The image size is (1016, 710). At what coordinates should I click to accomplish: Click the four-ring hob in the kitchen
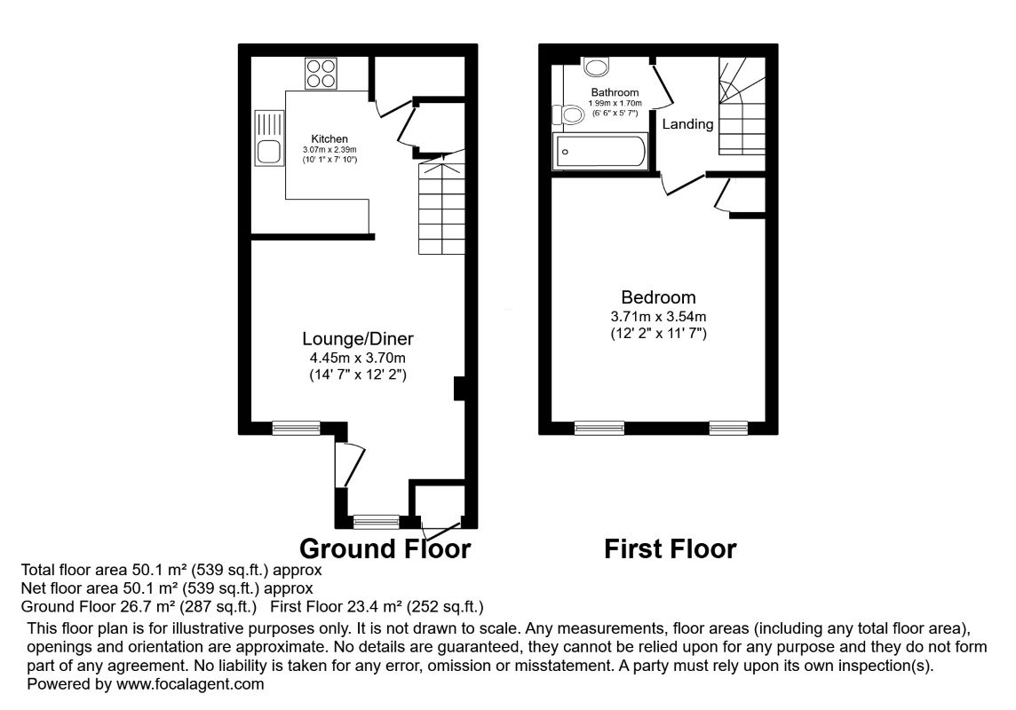coord(322,74)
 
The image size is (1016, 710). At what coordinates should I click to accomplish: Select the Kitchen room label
coord(329,139)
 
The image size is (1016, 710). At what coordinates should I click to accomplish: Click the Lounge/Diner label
coord(358,338)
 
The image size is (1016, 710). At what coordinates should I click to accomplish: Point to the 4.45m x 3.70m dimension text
coord(358,358)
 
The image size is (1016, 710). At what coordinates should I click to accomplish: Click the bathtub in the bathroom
coord(599,152)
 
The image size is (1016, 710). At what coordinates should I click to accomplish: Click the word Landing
coord(688,124)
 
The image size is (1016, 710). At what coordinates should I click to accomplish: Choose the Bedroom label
coord(658,297)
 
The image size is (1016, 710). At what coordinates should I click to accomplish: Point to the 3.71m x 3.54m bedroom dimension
coord(658,316)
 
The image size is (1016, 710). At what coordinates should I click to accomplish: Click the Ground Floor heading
coord(385,548)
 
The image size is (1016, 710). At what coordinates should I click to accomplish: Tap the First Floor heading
coord(671,549)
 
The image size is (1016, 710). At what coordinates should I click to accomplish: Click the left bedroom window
coord(599,429)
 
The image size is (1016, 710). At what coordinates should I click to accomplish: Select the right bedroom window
coord(728,429)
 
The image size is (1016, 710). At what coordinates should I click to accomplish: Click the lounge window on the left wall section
coord(296,429)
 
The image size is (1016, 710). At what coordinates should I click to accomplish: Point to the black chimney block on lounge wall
coord(459,389)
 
